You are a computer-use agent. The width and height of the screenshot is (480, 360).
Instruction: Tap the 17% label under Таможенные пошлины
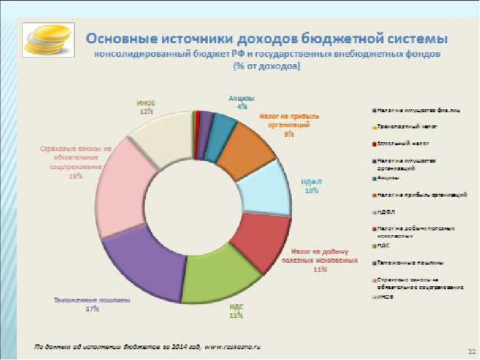92,309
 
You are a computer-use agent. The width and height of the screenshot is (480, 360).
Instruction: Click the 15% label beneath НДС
236,316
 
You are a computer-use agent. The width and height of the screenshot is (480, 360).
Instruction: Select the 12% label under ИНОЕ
146,111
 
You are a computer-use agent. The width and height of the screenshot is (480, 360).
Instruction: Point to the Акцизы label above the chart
242,98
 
